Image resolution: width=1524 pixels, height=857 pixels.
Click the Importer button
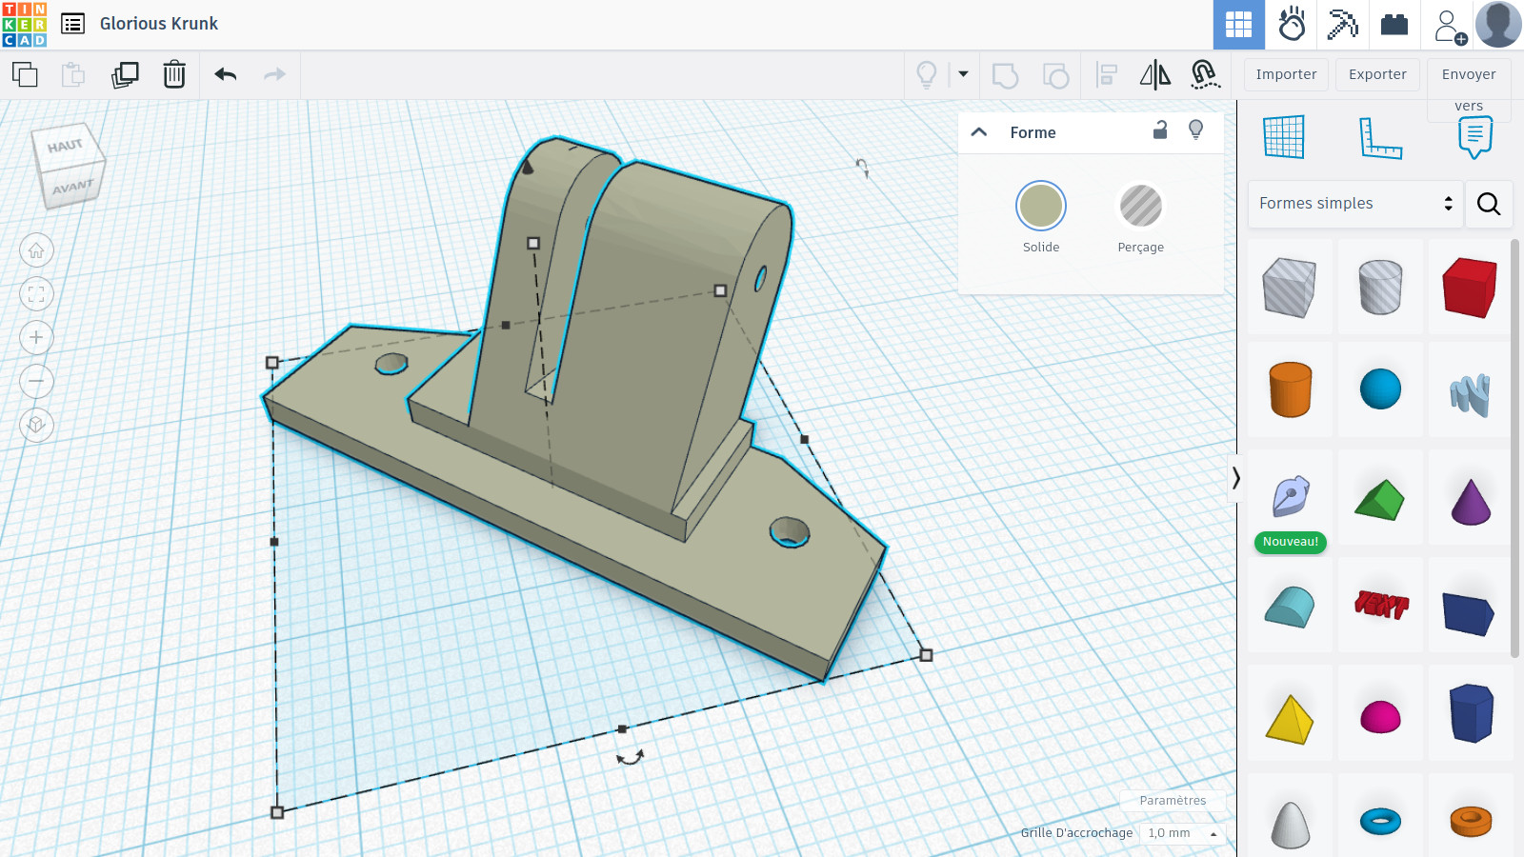pyautogui.click(x=1286, y=74)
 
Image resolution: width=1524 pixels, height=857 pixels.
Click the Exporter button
pyautogui.click(x=1377, y=74)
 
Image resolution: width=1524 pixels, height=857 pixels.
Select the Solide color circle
pyautogui.click(x=1041, y=206)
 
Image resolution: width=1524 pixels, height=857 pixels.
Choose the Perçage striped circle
pyautogui.click(x=1140, y=206)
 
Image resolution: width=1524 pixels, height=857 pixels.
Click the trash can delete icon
pyautogui.click(x=174, y=74)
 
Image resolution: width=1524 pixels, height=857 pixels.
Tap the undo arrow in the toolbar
pyautogui.click(x=226, y=74)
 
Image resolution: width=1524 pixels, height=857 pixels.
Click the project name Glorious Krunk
pyautogui.click(x=159, y=24)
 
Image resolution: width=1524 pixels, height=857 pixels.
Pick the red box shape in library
pyautogui.click(x=1470, y=287)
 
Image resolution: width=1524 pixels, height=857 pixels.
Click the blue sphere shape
pyautogui.click(x=1380, y=389)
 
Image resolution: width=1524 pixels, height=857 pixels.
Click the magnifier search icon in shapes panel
pyautogui.click(x=1489, y=204)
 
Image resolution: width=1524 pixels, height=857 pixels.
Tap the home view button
pyautogui.click(x=36, y=250)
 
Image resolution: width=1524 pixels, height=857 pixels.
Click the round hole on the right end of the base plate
pyautogui.click(x=790, y=532)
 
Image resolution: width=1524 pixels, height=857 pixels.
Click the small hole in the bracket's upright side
pyautogui.click(x=760, y=279)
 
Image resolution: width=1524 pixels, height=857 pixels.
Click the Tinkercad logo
pyautogui.click(x=24, y=24)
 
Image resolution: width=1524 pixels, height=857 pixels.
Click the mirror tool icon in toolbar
pyautogui.click(x=1155, y=74)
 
